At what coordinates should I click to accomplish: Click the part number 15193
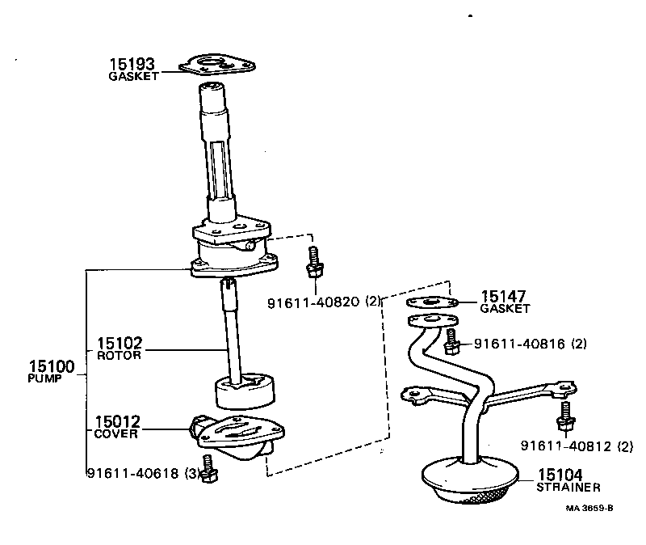click(x=133, y=63)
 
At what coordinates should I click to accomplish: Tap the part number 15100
click(x=50, y=367)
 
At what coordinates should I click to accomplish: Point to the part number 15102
click(x=119, y=343)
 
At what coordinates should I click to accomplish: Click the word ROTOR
click(x=119, y=355)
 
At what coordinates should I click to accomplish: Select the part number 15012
click(x=118, y=421)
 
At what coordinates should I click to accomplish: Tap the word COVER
click(x=116, y=433)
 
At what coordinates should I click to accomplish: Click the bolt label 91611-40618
click(x=134, y=473)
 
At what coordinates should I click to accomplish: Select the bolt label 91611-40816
click(x=519, y=344)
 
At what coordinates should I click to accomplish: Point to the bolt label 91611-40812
click(x=566, y=446)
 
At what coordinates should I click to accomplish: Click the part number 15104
click(x=558, y=475)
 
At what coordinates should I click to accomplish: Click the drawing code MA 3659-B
click(x=589, y=509)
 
